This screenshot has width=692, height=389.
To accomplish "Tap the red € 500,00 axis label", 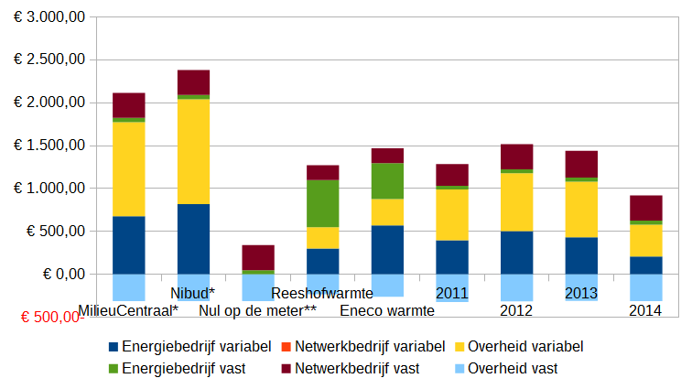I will [x=48, y=318].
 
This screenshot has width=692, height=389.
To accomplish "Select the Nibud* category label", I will [x=193, y=293].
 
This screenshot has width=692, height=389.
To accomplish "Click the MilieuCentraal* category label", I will [x=128, y=310].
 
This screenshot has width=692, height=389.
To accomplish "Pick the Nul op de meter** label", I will [x=257, y=310].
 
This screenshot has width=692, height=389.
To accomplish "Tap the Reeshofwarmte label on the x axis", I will [x=322, y=293].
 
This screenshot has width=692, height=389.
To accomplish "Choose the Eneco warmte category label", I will [x=387, y=310].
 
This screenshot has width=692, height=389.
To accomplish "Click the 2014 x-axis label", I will [x=645, y=310].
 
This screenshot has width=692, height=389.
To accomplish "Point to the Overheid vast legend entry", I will [x=512, y=369].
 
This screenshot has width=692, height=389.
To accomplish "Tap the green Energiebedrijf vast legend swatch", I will [x=114, y=369].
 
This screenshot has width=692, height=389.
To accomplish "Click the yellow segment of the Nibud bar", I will [x=193, y=151].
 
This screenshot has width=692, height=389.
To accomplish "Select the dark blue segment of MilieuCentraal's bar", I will [x=128, y=244].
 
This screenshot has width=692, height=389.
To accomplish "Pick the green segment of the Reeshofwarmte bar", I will [x=322, y=203].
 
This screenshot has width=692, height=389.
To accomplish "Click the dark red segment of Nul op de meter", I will [x=257, y=257].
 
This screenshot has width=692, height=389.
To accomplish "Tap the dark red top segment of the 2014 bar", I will [x=645, y=208].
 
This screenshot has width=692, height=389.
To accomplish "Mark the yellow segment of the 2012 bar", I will [x=516, y=201].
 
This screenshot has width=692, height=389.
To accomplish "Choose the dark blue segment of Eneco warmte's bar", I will [x=387, y=249].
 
